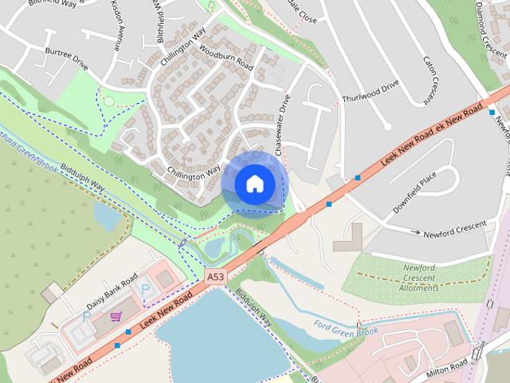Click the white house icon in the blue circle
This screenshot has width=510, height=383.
tap(254, 184)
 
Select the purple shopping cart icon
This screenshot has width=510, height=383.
tap(116, 317)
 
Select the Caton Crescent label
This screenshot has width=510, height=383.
tap(430, 79)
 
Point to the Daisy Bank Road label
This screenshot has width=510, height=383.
tap(112, 294)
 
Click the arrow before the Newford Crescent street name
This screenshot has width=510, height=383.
tap(415, 232)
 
